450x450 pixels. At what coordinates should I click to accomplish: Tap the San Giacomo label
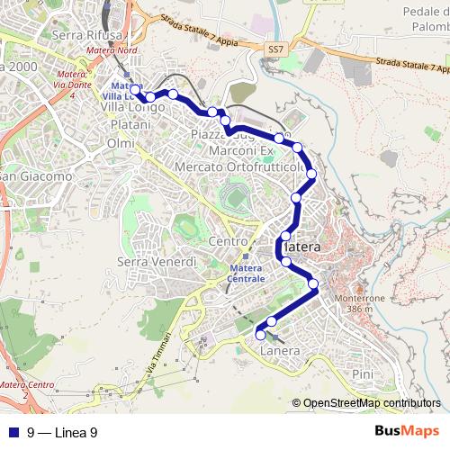(x=36, y=176)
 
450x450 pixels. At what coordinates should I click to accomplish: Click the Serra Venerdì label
(x=157, y=261)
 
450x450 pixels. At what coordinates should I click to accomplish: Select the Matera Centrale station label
(x=247, y=274)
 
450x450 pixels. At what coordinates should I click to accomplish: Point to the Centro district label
(x=227, y=243)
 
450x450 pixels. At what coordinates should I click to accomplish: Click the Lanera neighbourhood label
(x=279, y=351)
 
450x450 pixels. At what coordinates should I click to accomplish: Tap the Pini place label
(x=363, y=373)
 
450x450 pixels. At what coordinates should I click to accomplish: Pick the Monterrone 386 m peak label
(x=359, y=303)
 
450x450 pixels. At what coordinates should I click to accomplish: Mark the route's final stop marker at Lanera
(x=261, y=335)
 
